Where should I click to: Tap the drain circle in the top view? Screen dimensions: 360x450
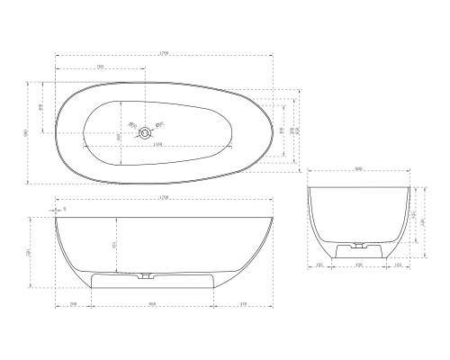coord(142,134)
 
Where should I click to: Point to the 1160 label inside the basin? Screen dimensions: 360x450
coord(158,145)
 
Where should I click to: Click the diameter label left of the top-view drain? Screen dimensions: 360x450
coord(130,125)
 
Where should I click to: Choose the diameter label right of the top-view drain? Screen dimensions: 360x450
coord(158,124)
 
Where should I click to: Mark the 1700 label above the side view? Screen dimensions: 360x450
coord(164,196)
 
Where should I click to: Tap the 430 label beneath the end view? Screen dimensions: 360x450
coord(358,265)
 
